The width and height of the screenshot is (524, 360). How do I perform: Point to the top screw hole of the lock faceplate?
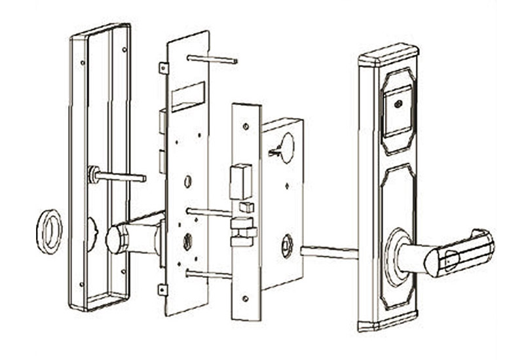click(x=245, y=126)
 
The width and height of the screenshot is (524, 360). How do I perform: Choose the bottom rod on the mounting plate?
click(x=208, y=274)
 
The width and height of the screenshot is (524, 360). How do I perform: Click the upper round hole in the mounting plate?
click(x=188, y=179)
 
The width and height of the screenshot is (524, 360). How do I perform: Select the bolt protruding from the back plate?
click(x=118, y=176)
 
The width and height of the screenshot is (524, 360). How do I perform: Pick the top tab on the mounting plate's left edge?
click(x=163, y=67)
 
